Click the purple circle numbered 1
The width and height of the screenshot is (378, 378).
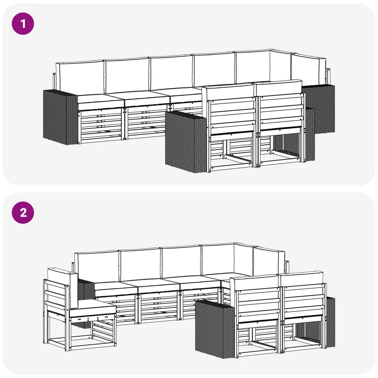click(23, 24)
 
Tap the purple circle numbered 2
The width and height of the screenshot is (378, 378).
click(23, 213)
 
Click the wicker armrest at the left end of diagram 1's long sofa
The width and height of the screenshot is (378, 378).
click(60, 117)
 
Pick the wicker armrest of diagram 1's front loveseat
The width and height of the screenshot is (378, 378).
click(186, 142)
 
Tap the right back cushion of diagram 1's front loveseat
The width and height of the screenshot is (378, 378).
click(279, 88)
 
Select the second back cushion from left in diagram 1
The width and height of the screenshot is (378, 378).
click(127, 75)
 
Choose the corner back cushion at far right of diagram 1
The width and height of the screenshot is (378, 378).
click(309, 69)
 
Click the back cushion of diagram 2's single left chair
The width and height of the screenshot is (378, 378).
click(63, 287)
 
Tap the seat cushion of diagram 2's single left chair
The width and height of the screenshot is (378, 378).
click(92, 309)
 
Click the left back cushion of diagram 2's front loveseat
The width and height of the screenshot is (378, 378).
click(255, 283)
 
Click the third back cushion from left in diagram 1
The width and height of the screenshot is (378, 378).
click(171, 73)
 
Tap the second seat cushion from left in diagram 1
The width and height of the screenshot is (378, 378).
click(147, 99)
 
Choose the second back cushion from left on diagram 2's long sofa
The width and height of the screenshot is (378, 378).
click(140, 264)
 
